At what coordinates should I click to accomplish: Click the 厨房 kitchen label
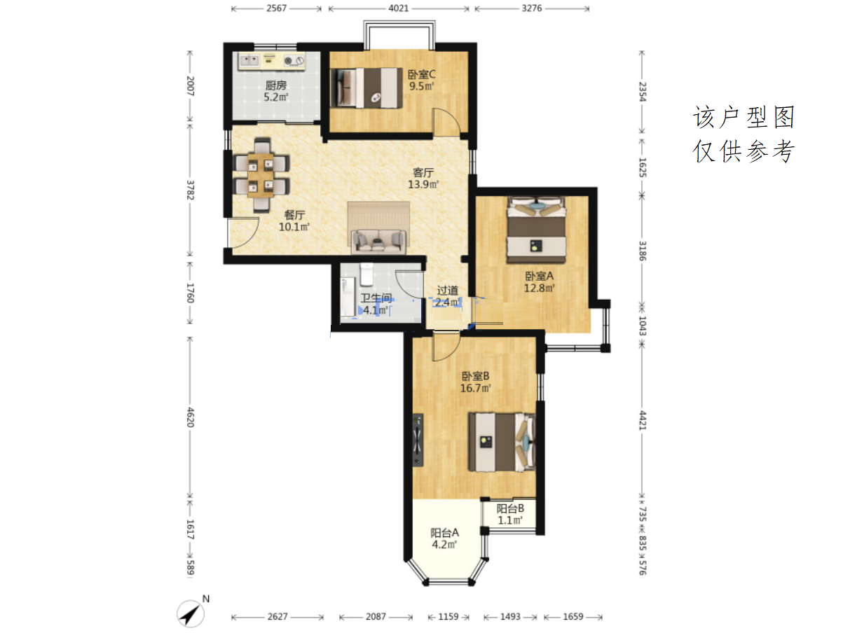276,85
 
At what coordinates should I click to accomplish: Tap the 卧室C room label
421,74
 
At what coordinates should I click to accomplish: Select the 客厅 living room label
423,173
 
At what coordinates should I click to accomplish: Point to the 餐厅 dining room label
294,215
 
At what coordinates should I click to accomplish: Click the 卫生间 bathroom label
376,298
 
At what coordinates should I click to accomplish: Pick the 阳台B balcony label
510,508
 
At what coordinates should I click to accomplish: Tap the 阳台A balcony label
444,532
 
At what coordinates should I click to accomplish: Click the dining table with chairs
261,175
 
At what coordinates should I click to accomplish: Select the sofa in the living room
378,242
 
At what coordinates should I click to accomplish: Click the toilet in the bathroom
366,274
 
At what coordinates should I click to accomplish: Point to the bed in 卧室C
366,88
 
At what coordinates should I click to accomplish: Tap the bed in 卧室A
536,230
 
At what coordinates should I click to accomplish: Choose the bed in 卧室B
502,443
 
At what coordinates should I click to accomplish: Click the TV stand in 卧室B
418,440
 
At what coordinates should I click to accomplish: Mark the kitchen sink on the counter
249,60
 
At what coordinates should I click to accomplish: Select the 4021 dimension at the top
399,8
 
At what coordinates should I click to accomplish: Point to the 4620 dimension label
191,417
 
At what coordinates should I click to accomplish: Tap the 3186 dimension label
643,251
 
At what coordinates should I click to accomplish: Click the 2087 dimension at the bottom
376,616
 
